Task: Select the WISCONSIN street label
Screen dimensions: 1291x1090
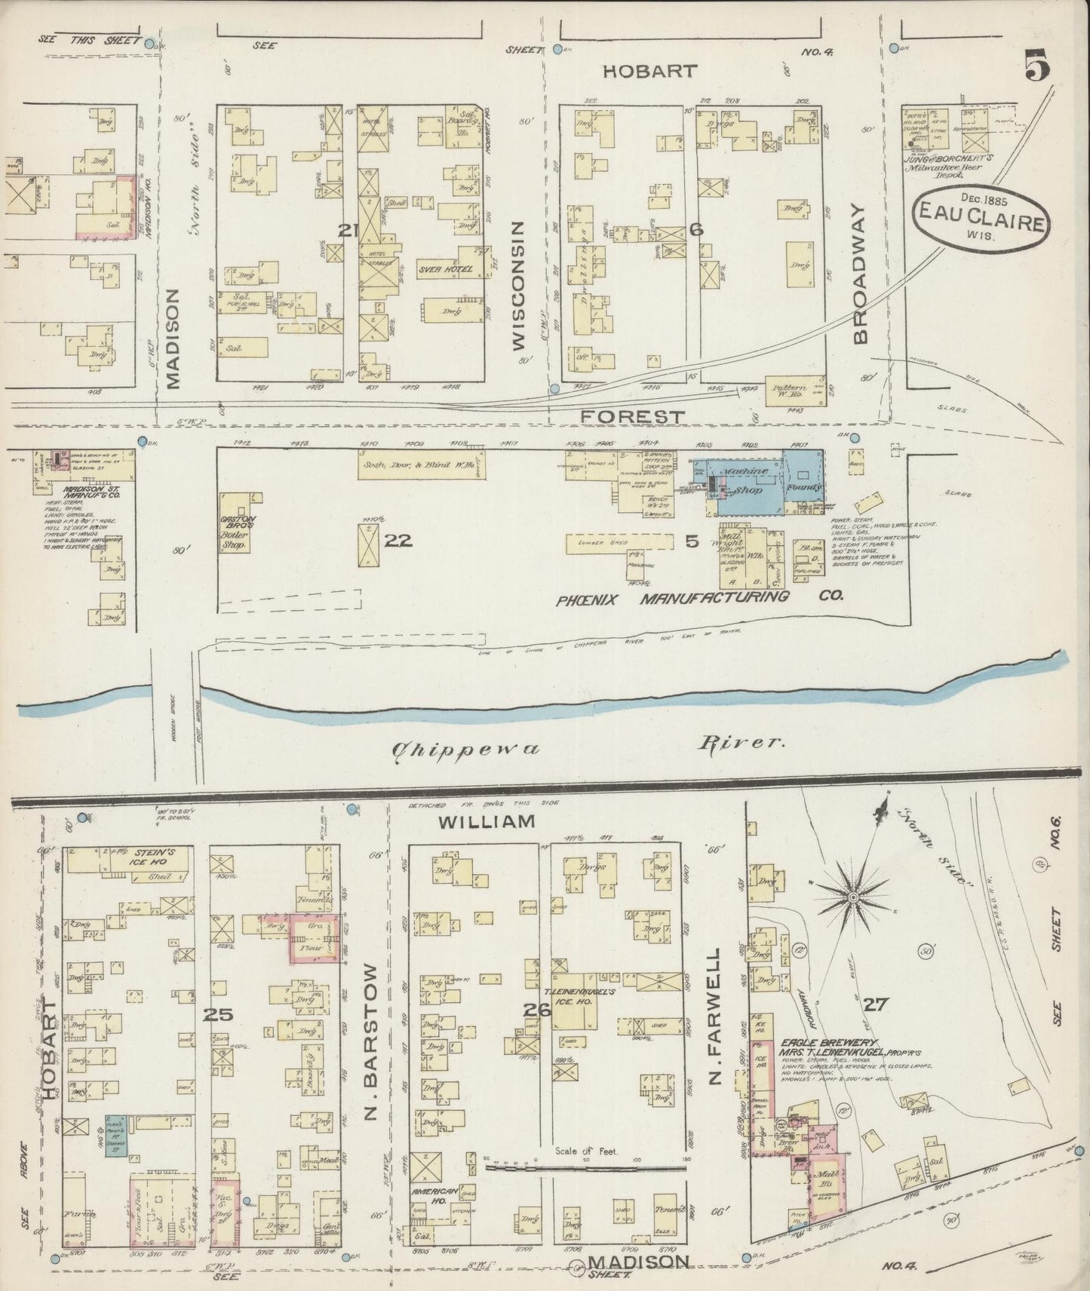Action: coord(517,286)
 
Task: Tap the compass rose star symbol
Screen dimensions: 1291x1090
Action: coord(852,897)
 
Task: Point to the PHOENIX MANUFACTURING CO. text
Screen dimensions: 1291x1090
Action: coord(699,598)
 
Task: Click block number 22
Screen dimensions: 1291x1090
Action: coord(398,540)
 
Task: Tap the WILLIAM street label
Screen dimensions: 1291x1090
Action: coord(487,820)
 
